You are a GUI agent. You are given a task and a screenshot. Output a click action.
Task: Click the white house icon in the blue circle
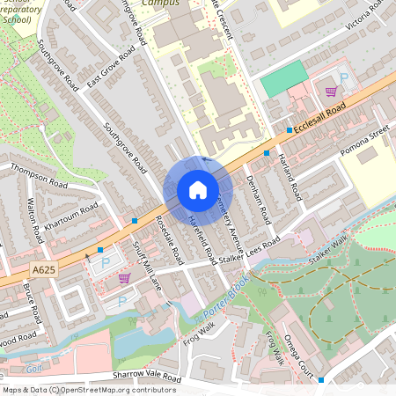[198, 189]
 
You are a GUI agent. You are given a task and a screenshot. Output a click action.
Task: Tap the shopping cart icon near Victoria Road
[331, 92]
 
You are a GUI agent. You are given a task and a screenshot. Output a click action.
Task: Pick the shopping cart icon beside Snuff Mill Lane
[124, 278]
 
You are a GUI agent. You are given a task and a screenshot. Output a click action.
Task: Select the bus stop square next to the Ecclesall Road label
[289, 130]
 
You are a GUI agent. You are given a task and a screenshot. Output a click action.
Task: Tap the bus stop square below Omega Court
[321, 380]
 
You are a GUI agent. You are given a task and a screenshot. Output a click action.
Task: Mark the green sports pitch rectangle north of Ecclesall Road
[283, 79]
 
